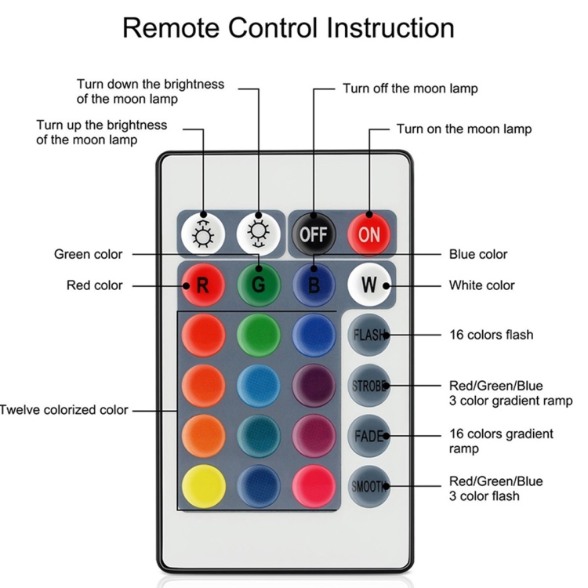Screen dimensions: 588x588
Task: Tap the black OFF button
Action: click(314, 233)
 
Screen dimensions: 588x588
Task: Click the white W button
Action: click(369, 285)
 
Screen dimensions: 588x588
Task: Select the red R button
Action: click(203, 285)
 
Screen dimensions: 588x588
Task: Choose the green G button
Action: click(259, 285)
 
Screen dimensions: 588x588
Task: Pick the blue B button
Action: click(314, 285)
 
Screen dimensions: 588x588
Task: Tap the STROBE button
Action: click(369, 386)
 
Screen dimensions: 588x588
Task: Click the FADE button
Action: click(369, 436)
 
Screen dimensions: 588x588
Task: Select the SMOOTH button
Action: click(369, 486)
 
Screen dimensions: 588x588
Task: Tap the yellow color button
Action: click(203, 486)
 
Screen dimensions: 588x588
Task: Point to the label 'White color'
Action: click(481, 285)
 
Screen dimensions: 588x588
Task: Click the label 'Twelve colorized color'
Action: click(64, 409)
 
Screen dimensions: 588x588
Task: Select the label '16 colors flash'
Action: click(491, 335)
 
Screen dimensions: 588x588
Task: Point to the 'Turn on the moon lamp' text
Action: click(463, 129)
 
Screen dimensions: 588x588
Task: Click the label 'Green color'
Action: click(89, 254)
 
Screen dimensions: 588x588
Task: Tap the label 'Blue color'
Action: click(477, 254)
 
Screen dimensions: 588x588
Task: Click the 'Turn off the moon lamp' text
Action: click(409, 89)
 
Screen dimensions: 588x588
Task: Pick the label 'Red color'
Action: click(95, 285)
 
